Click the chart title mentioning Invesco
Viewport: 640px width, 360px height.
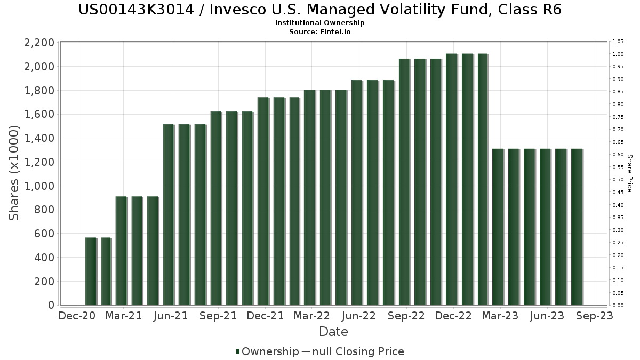click(319, 10)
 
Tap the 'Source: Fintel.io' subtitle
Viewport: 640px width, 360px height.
click(319, 31)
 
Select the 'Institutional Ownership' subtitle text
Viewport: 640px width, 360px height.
click(319, 23)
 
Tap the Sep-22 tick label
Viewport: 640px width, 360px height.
click(406, 316)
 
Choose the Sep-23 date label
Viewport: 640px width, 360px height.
click(594, 316)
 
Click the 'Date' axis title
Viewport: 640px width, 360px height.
click(333, 332)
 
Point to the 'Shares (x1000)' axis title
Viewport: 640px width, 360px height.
click(14, 173)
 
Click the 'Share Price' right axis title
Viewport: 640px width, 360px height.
click(629, 173)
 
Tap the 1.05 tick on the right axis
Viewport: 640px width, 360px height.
click(618, 42)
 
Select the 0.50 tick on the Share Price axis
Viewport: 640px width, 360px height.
click(618, 180)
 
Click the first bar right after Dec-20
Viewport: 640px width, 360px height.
click(90, 271)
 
